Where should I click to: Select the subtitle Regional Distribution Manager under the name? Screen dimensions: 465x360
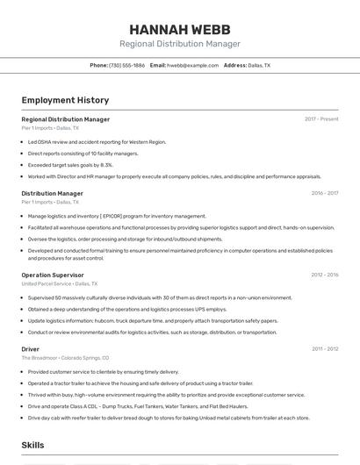[x=179, y=44]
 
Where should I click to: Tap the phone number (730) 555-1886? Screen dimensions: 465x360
[x=127, y=66]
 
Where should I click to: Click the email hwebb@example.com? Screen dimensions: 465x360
[x=192, y=66]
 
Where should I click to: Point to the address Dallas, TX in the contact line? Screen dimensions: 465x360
[x=259, y=66]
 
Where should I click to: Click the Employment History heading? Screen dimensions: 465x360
[x=65, y=100]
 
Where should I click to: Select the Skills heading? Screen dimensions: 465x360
[x=32, y=446]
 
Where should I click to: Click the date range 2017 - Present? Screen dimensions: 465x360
[x=321, y=118]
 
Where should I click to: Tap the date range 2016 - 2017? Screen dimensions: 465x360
[x=324, y=193]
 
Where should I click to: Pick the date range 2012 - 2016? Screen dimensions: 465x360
[x=324, y=275]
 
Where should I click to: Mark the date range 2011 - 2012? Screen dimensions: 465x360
[x=325, y=349]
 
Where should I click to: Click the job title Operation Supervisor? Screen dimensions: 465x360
[x=53, y=275]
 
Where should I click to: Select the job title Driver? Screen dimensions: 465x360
[x=30, y=349]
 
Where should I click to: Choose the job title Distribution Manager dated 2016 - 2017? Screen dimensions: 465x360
[x=52, y=193]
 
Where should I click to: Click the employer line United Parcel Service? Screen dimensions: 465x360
[x=59, y=284]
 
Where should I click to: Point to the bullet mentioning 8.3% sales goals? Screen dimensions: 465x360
[x=70, y=164]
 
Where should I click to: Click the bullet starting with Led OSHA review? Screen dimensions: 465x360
[x=97, y=141]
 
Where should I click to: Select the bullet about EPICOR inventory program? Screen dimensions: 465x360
[x=117, y=216]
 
